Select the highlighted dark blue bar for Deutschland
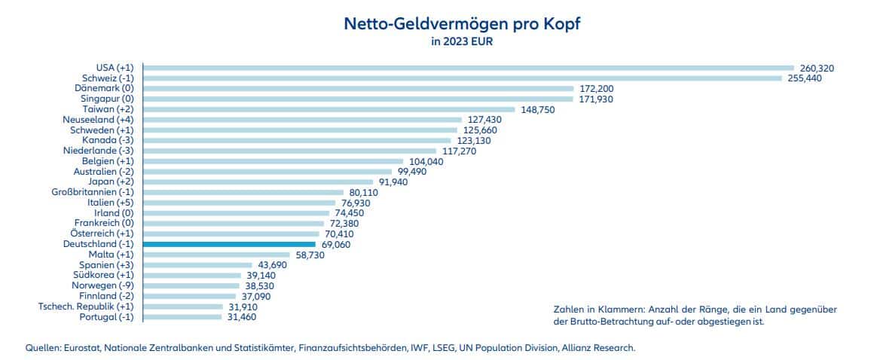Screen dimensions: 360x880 point(228,244)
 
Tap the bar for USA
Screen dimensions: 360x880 point(468,68)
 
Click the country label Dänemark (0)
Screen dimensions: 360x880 point(109,88)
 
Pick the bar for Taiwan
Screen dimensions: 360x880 point(328,109)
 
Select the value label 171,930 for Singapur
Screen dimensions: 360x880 point(597,99)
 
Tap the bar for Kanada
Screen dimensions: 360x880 point(296,140)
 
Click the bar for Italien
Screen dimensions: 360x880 point(239,203)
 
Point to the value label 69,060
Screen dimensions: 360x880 point(336,245)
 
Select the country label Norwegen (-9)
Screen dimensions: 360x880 point(102,286)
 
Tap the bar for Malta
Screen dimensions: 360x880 point(215,255)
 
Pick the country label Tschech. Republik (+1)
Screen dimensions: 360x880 point(86,307)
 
